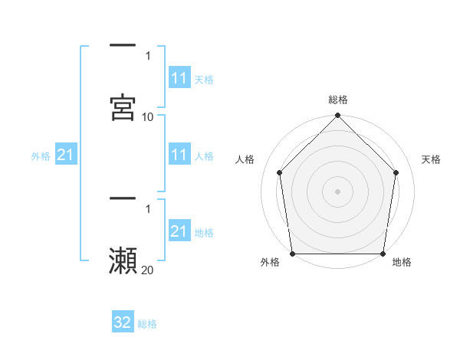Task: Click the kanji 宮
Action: click(x=123, y=107)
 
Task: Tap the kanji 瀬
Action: click(x=123, y=260)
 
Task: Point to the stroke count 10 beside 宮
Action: click(x=148, y=117)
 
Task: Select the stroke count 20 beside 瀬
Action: click(x=148, y=270)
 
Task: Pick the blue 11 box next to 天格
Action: click(x=179, y=78)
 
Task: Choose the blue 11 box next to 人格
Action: click(x=179, y=155)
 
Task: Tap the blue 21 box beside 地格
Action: click(x=179, y=231)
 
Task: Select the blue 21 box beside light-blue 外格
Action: click(x=66, y=155)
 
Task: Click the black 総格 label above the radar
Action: click(x=338, y=100)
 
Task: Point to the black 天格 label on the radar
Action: click(x=432, y=159)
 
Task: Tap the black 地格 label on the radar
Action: click(x=402, y=263)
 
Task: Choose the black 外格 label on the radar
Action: click(x=271, y=263)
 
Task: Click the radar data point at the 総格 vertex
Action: click(x=338, y=116)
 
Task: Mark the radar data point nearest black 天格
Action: click(x=396, y=172)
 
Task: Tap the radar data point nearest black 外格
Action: click(x=293, y=254)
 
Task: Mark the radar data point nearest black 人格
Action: click(x=280, y=172)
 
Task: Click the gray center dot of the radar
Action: click(x=338, y=191)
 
